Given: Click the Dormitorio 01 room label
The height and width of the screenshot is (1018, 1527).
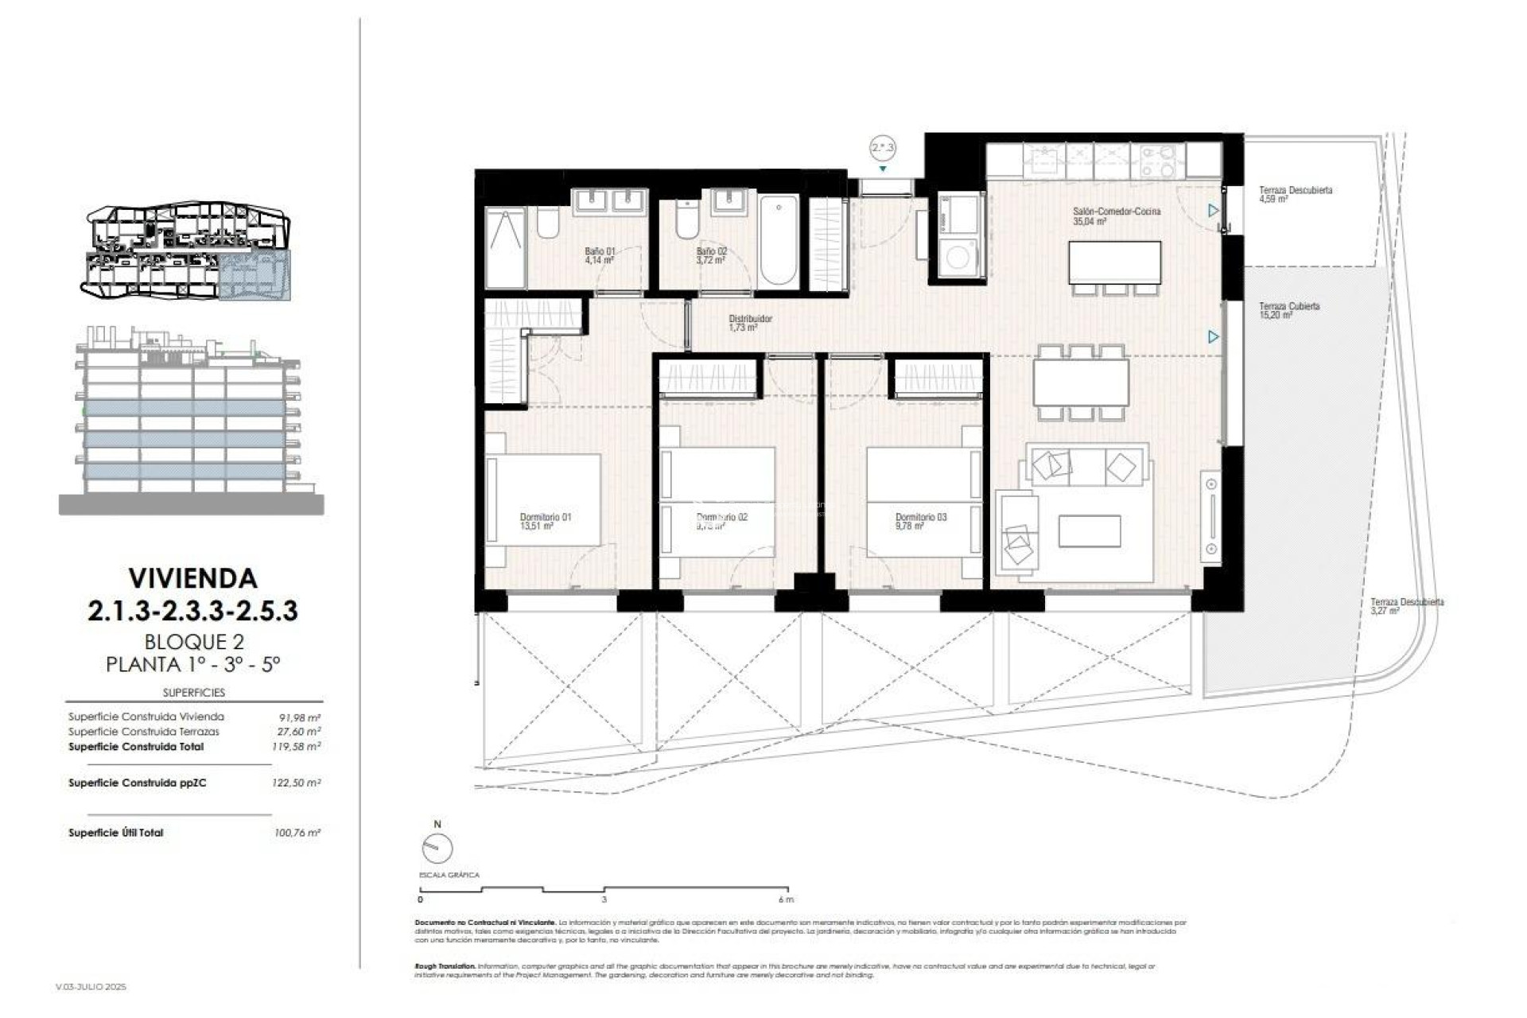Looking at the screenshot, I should click(545, 521).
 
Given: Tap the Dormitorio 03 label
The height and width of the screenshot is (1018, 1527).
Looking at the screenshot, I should click(920, 521).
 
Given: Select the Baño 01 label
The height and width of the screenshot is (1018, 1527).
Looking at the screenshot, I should click(600, 254).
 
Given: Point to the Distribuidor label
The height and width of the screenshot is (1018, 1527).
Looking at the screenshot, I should click(750, 322).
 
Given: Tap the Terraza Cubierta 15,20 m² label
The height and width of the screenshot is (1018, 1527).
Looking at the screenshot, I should click(1288, 309).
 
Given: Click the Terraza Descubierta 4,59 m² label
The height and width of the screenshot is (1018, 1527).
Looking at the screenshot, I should click(1295, 194).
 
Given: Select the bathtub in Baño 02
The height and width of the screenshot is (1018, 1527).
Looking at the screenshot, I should click(778, 240).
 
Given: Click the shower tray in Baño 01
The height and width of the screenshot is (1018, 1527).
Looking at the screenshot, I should click(505, 248).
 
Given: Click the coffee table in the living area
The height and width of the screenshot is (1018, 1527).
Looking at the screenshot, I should click(1089, 531).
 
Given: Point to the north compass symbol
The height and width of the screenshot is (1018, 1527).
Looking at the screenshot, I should click(437, 848).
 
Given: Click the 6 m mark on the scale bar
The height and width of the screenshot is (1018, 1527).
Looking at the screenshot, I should click(786, 899).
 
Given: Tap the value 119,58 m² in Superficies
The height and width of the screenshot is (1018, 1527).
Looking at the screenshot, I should click(296, 747).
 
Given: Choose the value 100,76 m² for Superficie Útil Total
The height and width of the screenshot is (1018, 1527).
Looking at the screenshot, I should click(296, 833).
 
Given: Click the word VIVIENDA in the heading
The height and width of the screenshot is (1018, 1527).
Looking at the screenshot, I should click(192, 578).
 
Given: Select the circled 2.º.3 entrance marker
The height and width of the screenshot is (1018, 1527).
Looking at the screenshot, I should click(883, 148).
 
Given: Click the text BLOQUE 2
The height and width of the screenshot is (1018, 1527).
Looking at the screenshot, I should click(193, 641).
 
